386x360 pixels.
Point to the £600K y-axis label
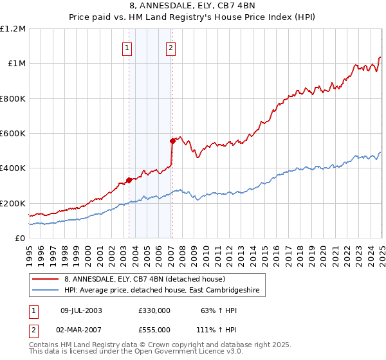tap(13, 134)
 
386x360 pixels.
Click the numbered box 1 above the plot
tap(127, 47)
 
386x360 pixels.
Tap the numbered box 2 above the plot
tap(170, 47)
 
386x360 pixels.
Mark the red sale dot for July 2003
tap(129, 180)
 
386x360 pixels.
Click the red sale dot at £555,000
tap(172, 141)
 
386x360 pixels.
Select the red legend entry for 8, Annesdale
tap(144, 279)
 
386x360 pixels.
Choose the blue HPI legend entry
tap(161, 291)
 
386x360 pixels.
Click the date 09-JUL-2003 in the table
tap(81, 310)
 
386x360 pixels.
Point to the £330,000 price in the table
tap(154, 310)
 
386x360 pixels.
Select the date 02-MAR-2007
tap(82, 329)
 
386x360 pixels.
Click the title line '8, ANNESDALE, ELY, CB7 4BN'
tap(192, 6)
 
